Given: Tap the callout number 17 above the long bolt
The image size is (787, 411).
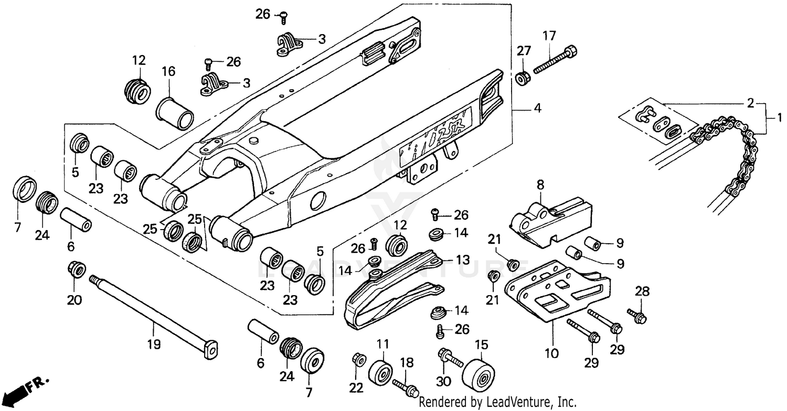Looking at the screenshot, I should (x=549, y=37).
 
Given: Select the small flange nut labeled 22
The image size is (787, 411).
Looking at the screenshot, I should (x=359, y=360).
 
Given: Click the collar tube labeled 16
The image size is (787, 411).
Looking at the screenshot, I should (x=175, y=112).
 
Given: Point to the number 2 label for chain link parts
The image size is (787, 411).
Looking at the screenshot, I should (x=751, y=103).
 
